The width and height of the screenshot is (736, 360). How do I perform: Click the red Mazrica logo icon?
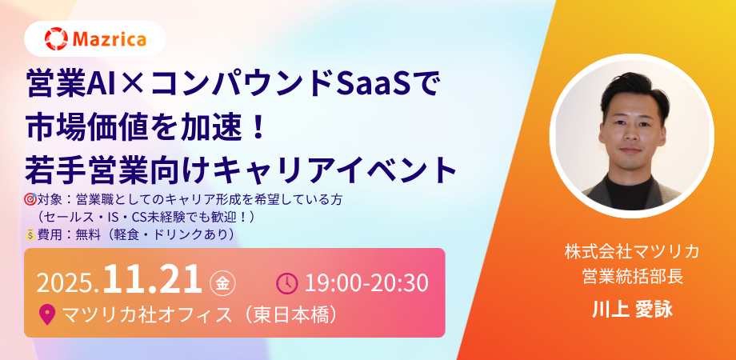pos(56,38)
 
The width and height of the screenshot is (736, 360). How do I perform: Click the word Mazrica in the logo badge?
pos(110,39)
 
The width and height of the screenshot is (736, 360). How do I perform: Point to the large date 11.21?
pos(152,279)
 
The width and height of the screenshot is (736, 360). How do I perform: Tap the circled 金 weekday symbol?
pos(222,283)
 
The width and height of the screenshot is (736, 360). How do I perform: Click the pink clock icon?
pos(286,282)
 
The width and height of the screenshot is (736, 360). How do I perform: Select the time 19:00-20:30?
pos(366,283)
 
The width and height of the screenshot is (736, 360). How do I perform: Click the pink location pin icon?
pos(47,314)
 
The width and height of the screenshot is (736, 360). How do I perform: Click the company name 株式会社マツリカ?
pos(632,252)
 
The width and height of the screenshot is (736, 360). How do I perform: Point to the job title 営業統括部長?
pos(632,275)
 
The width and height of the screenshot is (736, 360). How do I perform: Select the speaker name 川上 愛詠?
pos(632,310)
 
